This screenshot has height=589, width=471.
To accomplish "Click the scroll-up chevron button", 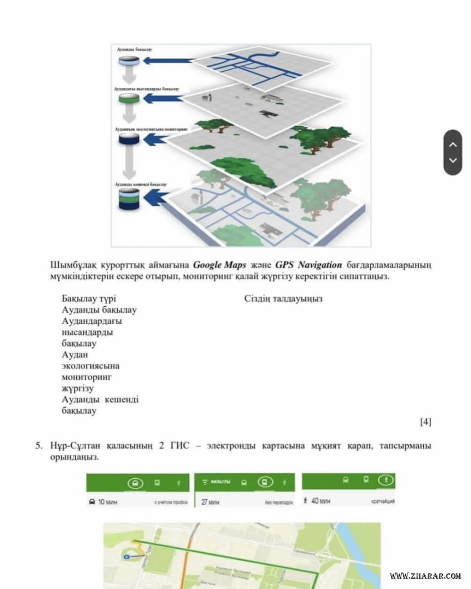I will [453, 145].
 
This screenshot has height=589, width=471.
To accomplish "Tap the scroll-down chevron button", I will [453, 161].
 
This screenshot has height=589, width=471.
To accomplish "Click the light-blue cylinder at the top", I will [128, 61].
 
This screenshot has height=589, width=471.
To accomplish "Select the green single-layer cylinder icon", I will [128, 99].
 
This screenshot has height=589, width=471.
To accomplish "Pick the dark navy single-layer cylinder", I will [128, 139].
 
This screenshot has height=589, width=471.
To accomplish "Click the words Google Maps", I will [219, 265].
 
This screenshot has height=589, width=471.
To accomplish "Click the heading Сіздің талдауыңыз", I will [283, 299].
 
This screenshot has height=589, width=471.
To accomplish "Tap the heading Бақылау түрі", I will [89, 299].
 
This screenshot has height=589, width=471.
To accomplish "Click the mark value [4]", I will [425, 422].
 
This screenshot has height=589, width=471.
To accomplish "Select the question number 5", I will [39, 445].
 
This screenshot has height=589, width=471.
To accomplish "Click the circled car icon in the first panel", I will [135, 483].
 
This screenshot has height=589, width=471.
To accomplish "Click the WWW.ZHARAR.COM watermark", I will [425, 576].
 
